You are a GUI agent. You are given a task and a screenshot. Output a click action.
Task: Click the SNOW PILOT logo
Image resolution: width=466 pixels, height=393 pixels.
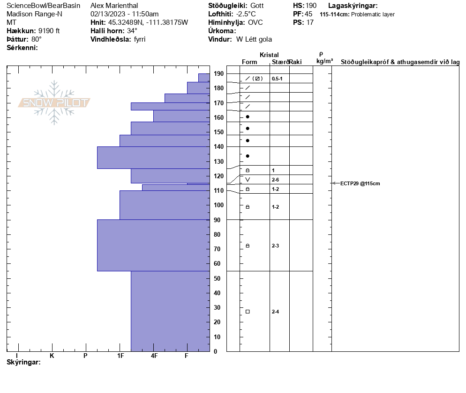(54, 102)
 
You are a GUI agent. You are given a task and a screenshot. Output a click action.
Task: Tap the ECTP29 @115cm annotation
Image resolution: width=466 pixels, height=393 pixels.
(360, 183)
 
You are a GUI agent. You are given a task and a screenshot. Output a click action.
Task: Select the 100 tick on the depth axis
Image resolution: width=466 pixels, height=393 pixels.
(218, 205)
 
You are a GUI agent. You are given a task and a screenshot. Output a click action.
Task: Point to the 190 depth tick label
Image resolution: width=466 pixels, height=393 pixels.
(218, 73)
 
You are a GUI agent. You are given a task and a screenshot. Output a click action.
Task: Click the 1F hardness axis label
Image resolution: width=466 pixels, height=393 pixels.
(120, 356)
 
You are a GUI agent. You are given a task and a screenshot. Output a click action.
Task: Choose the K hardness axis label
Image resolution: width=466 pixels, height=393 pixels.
(52, 356)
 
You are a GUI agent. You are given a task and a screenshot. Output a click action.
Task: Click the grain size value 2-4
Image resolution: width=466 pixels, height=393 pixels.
(276, 312)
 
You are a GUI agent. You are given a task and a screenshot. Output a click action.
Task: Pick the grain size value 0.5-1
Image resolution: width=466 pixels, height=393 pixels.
(277, 79)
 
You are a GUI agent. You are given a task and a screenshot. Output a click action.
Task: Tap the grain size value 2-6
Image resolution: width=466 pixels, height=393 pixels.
(276, 180)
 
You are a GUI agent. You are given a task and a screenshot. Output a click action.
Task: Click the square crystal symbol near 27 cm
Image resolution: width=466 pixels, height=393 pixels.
(248, 312)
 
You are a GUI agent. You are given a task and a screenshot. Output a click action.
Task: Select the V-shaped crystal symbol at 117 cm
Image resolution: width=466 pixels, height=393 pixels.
(248, 180)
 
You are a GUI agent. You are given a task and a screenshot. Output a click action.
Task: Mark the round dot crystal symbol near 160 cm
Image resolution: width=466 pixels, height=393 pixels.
(248, 116)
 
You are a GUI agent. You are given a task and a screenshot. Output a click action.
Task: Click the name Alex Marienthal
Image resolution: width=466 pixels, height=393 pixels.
(114, 6)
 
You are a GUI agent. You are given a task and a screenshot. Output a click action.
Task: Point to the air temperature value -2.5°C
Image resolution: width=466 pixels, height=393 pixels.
(246, 14)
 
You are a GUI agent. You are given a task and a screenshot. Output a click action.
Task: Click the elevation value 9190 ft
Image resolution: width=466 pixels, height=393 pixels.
(49, 31)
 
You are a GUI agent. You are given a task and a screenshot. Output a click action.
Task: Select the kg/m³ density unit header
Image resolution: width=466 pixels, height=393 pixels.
(324, 61)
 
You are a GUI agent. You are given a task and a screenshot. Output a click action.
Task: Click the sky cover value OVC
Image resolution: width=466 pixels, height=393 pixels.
(256, 22)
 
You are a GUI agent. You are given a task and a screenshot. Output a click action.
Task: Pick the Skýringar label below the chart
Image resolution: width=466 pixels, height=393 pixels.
(24, 362)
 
